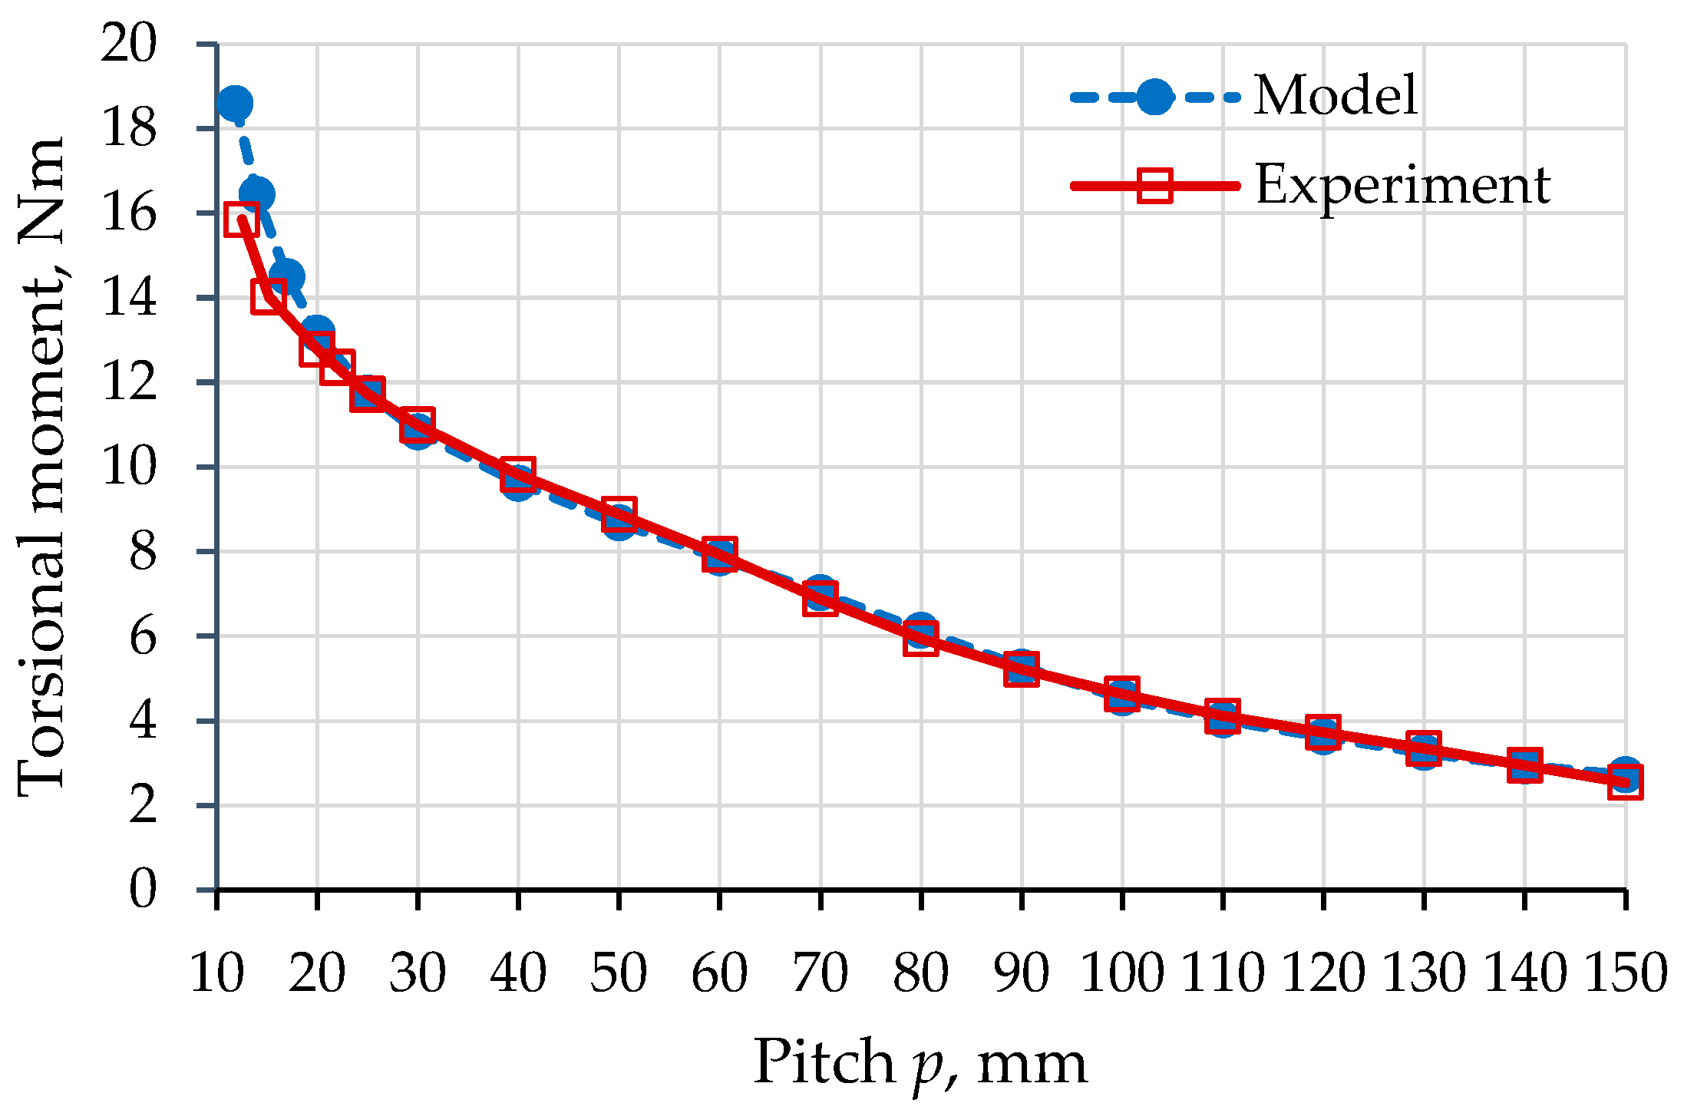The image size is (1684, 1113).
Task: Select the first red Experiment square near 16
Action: pyautogui.click(x=242, y=220)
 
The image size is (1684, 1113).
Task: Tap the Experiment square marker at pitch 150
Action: pyautogui.click(x=1625, y=784)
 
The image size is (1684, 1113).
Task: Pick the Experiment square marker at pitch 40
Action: pyautogui.click(x=518, y=475)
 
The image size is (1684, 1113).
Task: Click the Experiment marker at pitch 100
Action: pyautogui.click(x=1121, y=694)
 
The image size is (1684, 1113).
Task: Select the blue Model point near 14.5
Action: pyautogui.click(x=286, y=276)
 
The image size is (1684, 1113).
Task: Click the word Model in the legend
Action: pyautogui.click(x=1336, y=96)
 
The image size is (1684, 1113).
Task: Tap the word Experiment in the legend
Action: pyautogui.click(x=1402, y=186)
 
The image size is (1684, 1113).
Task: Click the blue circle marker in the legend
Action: pyautogui.click(x=1154, y=97)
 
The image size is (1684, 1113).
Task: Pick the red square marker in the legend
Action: pyautogui.click(x=1154, y=186)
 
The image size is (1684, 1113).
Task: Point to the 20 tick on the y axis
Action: pyautogui.click(x=129, y=43)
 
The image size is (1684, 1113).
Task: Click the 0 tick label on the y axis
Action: pyautogui.click(x=142, y=890)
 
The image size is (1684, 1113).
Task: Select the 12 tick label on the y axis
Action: pyautogui.click(x=129, y=382)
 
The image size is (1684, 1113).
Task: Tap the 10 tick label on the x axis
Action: pyautogui.click(x=217, y=973)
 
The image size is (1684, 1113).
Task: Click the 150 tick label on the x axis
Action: pyautogui.click(x=1625, y=973)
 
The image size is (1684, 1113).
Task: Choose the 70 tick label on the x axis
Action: pyautogui.click(x=820, y=973)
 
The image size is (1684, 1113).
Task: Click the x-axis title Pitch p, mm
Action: pyautogui.click(x=920, y=1064)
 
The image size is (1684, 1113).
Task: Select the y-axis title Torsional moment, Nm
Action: pyautogui.click(x=42, y=468)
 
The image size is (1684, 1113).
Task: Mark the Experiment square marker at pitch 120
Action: pyautogui.click(x=1322, y=732)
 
